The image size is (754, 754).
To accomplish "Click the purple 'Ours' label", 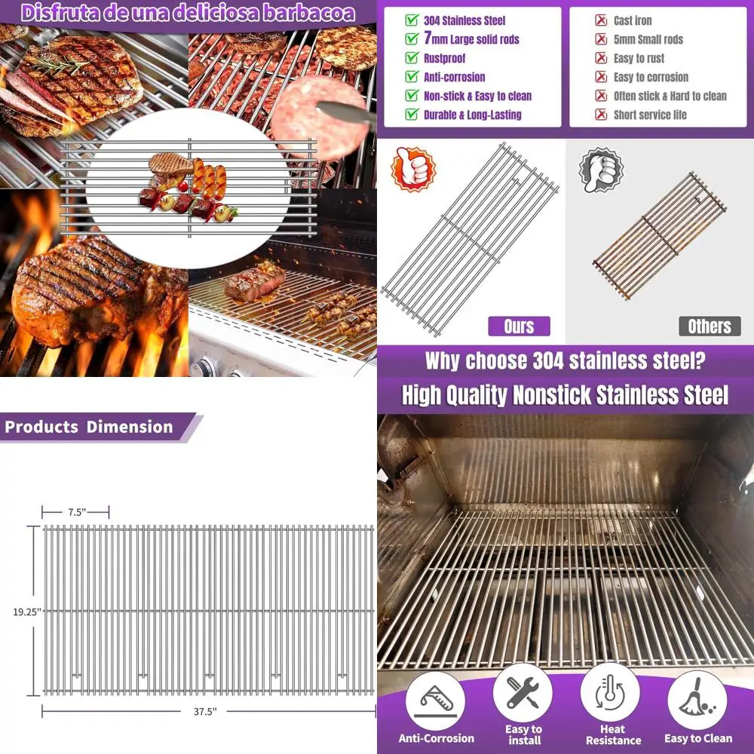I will (x=518, y=326).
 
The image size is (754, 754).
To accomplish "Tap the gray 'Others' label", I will (x=709, y=326).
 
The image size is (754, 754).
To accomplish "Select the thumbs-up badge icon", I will (x=412, y=170).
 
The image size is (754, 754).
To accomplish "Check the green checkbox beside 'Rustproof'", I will (x=412, y=58).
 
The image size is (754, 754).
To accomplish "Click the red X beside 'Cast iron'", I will (x=601, y=21).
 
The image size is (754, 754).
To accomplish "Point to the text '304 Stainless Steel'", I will (x=464, y=21).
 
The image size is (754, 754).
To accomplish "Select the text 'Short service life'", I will (x=650, y=115).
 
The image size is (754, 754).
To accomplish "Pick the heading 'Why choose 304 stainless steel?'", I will (x=565, y=360).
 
